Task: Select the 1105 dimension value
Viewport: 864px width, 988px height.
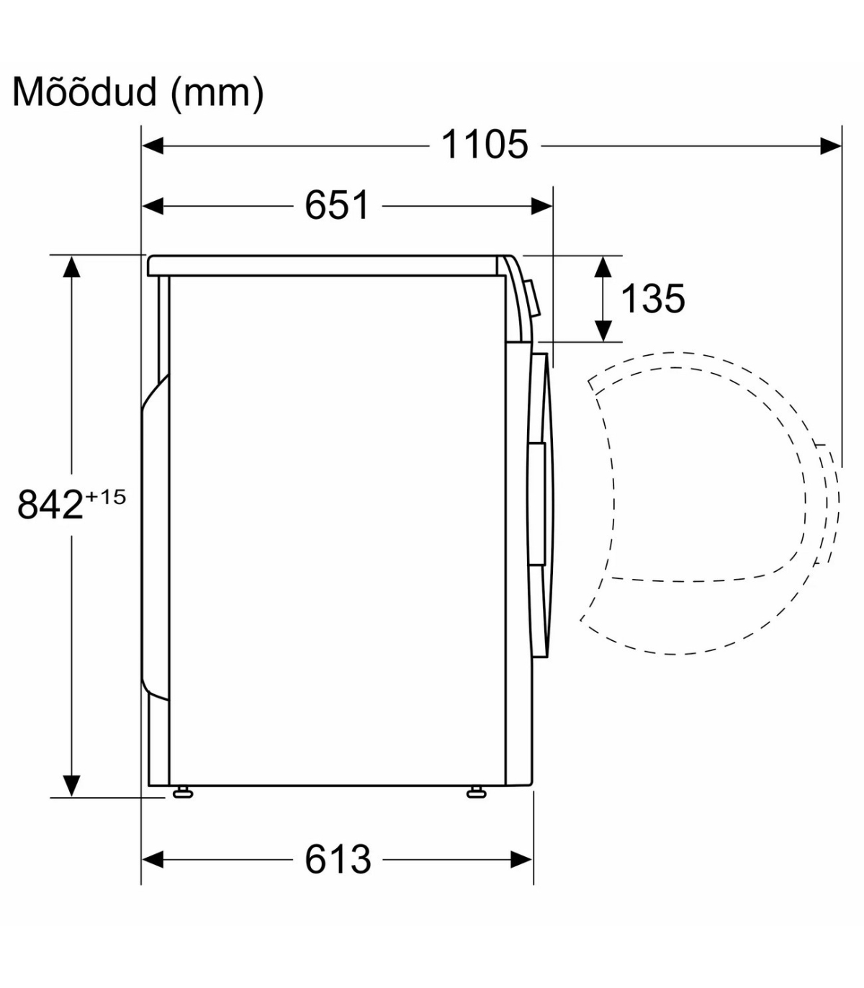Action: click(484, 145)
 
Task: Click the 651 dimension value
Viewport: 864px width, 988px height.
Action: click(337, 205)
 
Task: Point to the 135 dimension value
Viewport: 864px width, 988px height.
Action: click(652, 298)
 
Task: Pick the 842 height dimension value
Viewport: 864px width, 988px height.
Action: click(50, 504)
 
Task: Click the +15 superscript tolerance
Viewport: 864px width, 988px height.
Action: click(106, 497)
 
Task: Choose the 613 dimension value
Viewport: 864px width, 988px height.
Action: click(338, 860)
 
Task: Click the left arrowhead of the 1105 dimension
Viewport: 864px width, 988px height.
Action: click(153, 145)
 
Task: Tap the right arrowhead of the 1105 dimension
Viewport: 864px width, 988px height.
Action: click(830, 145)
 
